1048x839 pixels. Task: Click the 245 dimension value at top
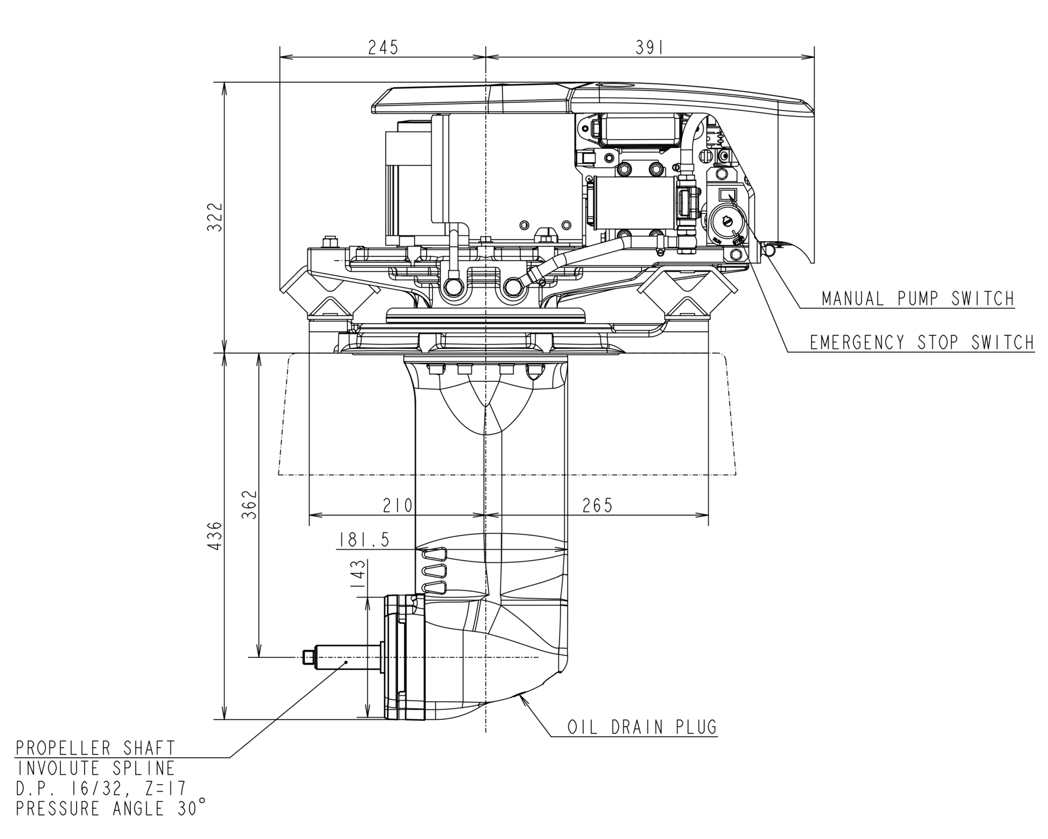pos(383,47)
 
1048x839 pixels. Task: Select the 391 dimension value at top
pos(649,47)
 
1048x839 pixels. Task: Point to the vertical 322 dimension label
pos(215,217)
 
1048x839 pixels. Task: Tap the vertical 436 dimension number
pos(215,536)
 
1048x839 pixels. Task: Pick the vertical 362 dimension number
pos(249,505)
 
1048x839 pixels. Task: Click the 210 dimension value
pos(398,506)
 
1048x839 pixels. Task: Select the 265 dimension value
pos(597,506)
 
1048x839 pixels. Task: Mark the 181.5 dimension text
pos(363,540)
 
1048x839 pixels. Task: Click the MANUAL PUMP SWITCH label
pos(918,298)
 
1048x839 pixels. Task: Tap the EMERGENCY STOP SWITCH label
pos(921,342)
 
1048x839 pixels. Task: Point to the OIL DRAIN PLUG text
pos(642,727)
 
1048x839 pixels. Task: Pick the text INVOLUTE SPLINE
pos(96,768)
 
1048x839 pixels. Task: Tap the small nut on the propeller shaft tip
pos(308,657)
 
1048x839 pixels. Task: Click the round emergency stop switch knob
pos(725,221)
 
